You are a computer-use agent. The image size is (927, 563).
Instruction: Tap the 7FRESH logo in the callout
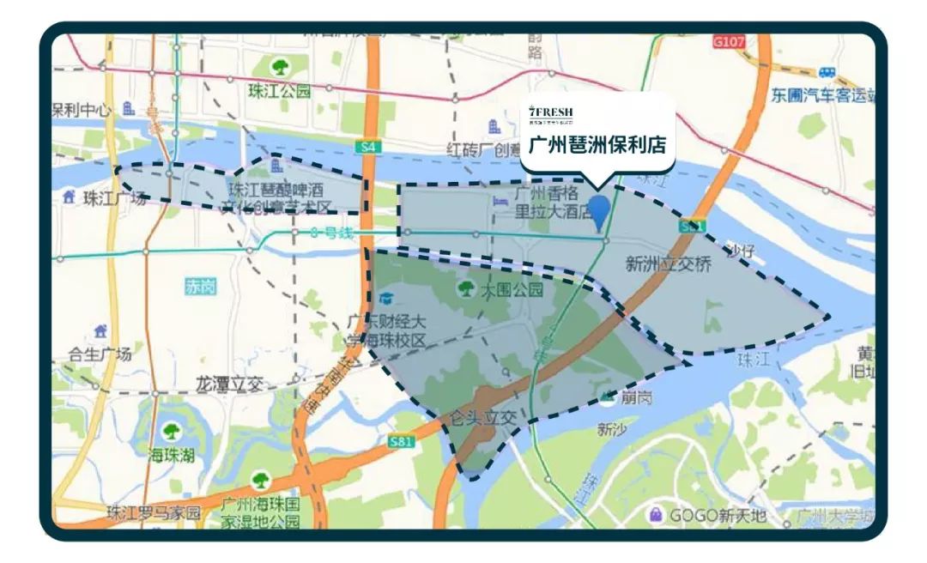tap(551, 112)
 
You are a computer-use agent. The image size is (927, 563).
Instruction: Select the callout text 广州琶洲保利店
tap(597, 143)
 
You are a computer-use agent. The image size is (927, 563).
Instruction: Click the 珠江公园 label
tap(279, 91)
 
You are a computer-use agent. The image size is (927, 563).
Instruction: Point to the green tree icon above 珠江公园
tap(279, 66)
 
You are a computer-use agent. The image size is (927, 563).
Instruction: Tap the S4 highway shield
tap(368, 147)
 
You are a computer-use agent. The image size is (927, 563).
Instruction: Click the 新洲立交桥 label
tap(669, 264)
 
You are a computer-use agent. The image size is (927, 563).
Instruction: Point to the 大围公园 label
tap(512, 290)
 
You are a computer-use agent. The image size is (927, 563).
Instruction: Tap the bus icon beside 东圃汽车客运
tap(827, 72)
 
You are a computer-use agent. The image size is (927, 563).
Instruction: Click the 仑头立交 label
tap(486, 418)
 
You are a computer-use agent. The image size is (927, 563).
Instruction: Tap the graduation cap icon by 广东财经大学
tap(386, 299)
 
